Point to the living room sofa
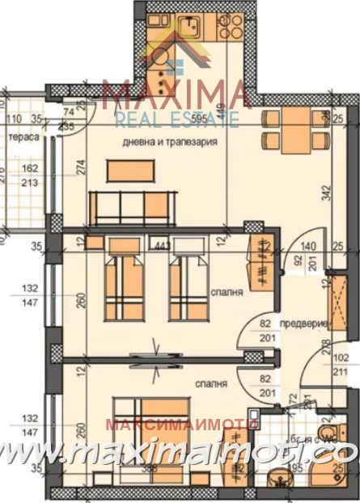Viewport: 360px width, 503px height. (133, 208)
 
